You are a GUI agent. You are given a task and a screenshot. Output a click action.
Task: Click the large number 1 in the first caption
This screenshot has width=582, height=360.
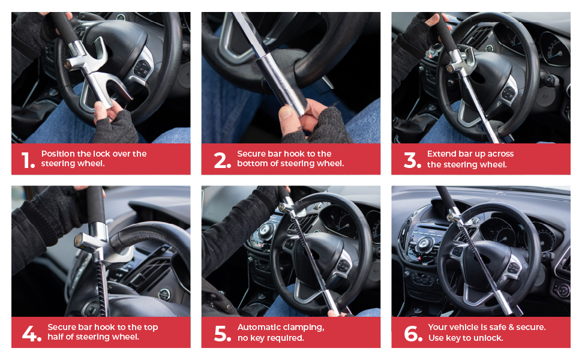pos(28,160)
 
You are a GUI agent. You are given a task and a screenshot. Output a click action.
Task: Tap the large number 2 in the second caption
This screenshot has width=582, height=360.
pos(222,160)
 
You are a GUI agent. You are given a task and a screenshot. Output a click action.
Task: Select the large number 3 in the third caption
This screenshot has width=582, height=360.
pos(412,160)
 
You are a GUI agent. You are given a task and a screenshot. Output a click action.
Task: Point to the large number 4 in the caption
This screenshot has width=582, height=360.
pos(32,333)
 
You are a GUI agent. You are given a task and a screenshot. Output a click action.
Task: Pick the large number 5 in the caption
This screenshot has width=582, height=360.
pos(222,333)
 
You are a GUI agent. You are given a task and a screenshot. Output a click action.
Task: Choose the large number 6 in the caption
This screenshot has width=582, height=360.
pos(413,333)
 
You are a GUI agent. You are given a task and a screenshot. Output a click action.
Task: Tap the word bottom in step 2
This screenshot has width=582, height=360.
pos(252,164)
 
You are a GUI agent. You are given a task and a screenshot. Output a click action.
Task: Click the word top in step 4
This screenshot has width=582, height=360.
pos(150,327)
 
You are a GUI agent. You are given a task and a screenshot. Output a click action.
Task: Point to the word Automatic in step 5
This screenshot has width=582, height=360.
pos(259,327)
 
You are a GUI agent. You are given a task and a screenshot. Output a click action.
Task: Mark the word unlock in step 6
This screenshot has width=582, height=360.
pos(488,338)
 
